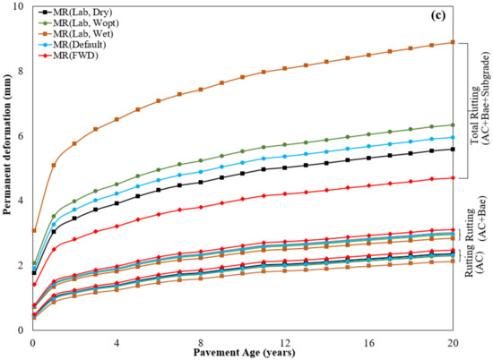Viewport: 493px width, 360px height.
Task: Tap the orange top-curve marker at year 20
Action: [x=453, y=42]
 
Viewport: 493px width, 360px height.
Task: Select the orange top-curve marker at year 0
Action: [x=33, y=230]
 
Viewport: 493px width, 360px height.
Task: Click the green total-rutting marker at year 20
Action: [x=453, y=125]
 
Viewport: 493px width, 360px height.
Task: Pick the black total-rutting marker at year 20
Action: [x=453, y=149]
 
